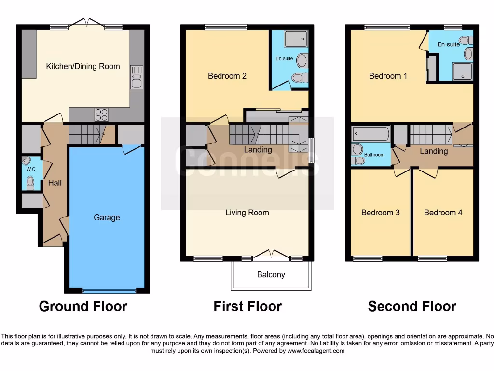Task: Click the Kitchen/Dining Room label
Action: tap(83, 66)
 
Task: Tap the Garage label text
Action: tap(107, 217)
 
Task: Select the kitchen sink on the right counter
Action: tap(137, 77)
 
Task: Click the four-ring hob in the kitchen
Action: tap(101, 114)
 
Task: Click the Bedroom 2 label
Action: tap(227, 76)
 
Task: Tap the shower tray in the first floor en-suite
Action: tap(296, 39)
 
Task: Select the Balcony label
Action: tap(271, 274)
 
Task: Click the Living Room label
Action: tap(247, 213)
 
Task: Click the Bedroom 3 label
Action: tap(381, 213)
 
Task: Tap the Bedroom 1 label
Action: tap(388, 76)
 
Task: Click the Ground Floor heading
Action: tap(83, 306)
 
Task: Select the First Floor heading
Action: tap(247, 306)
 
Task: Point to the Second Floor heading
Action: tap(412, 306)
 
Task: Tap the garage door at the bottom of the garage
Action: tap(109, 291)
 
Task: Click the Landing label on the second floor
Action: tap(434, 151)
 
